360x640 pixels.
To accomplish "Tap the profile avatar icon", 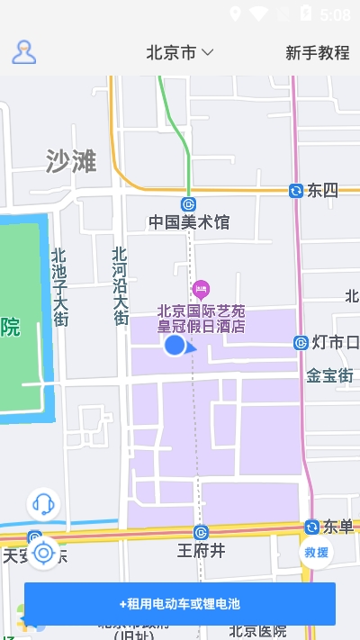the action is [x=24, y=52].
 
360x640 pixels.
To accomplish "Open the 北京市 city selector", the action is [x=179, y=52].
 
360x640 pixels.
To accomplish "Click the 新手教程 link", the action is [x=317, y=52].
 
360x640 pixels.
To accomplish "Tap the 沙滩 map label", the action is [x=71, y=161].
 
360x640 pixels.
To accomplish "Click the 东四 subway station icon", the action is [x=295, y=190].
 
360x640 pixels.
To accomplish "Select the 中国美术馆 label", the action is [x=189, y=222].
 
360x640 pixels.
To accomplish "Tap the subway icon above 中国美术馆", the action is [x=188, y=203].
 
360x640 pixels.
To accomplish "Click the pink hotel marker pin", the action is [x=202, y=290].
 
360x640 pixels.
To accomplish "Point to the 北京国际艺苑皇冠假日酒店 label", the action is [x=201, y=319].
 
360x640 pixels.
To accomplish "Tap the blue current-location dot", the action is [x=175, y=346].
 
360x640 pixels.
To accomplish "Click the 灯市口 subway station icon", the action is [x=301, y=342].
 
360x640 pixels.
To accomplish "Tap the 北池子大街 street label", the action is [x=59, y=286].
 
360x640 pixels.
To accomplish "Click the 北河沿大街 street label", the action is [x=121, y=286].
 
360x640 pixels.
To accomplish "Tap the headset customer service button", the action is [x=42, y=504].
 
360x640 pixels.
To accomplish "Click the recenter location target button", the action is [x=42, y=553].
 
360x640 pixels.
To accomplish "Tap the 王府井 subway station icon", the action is [x=201, y=532].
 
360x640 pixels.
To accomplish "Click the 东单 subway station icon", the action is [x=311, y=527].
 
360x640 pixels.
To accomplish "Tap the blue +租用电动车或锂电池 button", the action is [x=180, y=604].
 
